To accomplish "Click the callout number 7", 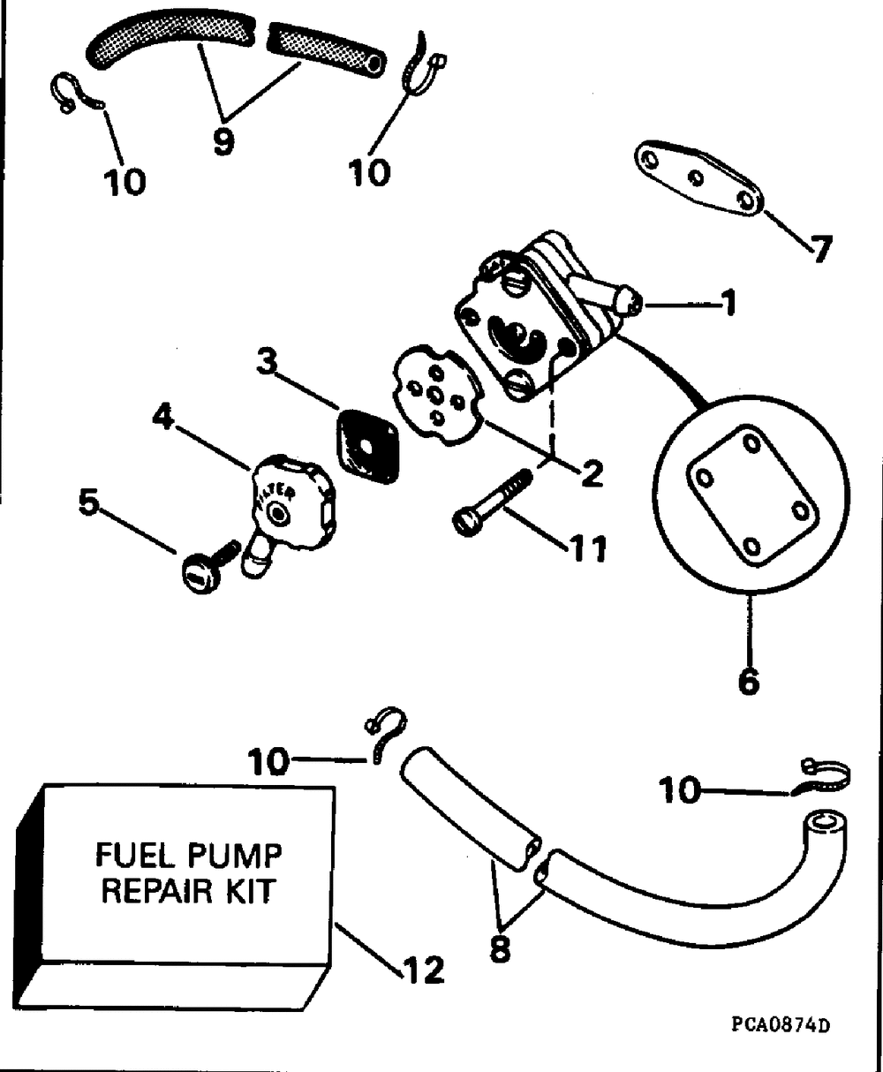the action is (x=821, y=249).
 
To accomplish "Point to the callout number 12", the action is (x=424, y=970).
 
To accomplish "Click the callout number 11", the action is (x=587, y=548).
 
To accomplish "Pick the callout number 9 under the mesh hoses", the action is (x=223, y=140).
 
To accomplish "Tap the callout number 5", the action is (x=89, y=502).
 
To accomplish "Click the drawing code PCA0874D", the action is (x=781, y=1025).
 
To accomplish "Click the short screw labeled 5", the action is (x=210, y=567).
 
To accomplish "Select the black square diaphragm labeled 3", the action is (x=367, y=446).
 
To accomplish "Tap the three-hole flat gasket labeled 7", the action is (x=699, y=177).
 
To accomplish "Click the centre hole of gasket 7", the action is (x=696, y=177).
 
